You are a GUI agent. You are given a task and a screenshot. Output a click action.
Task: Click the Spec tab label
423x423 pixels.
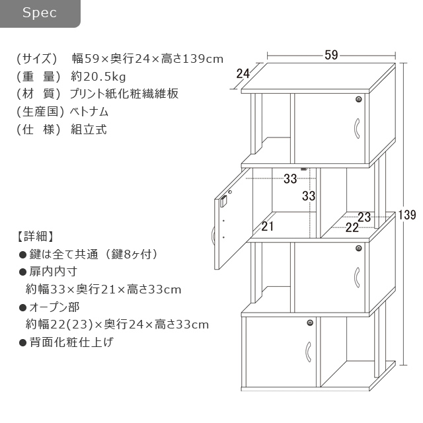click(40, 13)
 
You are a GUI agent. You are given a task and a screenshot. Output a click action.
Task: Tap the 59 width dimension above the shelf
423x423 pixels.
click(331, 55)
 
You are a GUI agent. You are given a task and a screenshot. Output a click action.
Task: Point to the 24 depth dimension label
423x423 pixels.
click(243, 73)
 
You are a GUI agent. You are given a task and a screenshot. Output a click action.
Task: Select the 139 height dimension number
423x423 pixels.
click(407, 215)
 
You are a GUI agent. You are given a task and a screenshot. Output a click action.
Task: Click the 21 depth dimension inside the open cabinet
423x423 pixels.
click(267, 226)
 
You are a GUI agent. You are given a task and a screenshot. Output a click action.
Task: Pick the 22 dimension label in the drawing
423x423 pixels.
click(352, 227)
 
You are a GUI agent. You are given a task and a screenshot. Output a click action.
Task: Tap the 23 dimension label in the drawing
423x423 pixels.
click(364, 217)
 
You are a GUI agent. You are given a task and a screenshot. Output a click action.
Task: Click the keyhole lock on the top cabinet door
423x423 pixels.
click(358, 99)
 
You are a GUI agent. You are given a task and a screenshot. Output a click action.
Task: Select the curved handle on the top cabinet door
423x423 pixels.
click(357, 128)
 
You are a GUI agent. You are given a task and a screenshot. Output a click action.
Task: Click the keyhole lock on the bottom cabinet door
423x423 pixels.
click(310, 323)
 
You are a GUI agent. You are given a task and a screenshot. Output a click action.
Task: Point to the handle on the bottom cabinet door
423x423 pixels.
click(309, 352)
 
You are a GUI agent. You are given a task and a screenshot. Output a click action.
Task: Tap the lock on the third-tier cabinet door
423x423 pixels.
click(358, 249)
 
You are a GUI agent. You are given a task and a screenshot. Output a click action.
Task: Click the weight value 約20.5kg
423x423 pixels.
click(98, 77)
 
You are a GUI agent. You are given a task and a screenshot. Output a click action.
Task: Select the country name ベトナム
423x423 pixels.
click(89, 112)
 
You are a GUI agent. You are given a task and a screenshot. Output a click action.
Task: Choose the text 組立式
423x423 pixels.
click(89, 130)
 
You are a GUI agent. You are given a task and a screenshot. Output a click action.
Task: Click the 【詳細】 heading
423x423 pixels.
click(36, 236)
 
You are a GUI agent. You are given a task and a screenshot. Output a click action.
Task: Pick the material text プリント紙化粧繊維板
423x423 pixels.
click(124, 94)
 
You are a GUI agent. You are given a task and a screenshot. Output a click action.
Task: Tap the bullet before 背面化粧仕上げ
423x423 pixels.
click(22, 342)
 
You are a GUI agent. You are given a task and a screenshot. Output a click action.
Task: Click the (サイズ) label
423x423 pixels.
click(37, 59)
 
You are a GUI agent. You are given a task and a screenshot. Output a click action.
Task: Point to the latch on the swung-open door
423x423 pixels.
click(223, 201)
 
